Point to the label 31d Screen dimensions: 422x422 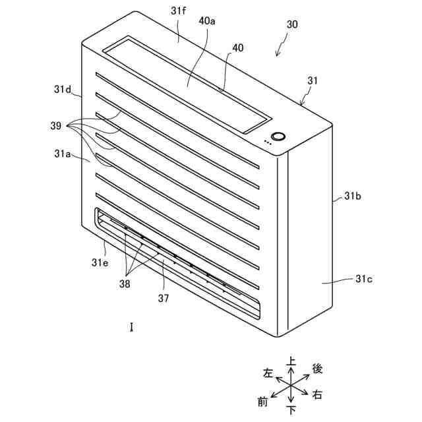(63, 88)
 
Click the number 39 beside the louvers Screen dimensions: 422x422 (56, 125)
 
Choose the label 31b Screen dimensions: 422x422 (353, 196)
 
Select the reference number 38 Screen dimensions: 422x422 (124, 284)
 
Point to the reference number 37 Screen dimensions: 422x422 (164, 298)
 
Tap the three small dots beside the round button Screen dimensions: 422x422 (267, 141)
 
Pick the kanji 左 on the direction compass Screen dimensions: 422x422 (268, 373)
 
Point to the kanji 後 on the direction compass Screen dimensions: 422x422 (316, 368)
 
